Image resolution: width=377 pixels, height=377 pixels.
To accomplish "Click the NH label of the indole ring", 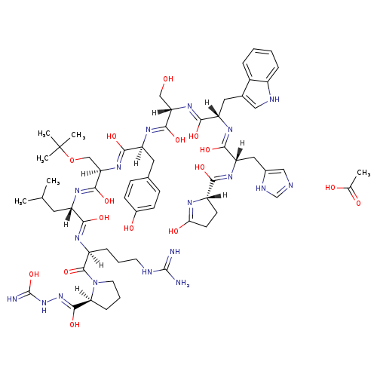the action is [x=274, y=100].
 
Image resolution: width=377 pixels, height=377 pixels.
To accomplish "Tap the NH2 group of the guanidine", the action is [x=182, y=283].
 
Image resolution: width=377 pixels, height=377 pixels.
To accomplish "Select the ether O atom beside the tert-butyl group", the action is [x=72, y=160].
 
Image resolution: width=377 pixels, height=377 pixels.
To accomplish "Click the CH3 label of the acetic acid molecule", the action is [x=363, y=173].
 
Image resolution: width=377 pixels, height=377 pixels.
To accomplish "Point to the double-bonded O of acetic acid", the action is [x=358, y=203].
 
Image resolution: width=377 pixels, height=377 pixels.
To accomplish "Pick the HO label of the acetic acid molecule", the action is [x=330, y=188].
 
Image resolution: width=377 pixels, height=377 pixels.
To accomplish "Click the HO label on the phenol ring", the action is [x=129, y=228].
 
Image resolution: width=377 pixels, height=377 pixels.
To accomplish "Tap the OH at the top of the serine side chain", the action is [x=168, y=79].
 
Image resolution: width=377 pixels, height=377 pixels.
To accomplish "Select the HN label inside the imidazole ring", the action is [x=261, y=188].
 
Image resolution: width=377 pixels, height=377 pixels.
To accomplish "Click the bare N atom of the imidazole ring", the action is [x=290, y=185].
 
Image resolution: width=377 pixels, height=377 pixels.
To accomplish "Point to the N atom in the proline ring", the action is [x=95, y=283].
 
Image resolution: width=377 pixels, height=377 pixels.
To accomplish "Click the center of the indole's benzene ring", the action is [x=260, y=66].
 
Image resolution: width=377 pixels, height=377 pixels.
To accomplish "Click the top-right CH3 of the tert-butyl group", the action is [x=78, y=135].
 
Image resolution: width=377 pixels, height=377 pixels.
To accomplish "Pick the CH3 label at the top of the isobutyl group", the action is [x=53, y=181].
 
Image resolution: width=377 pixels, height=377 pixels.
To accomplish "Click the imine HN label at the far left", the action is [x=12, y=299].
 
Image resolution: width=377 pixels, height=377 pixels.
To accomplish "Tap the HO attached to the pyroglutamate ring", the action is [x=173, y=231].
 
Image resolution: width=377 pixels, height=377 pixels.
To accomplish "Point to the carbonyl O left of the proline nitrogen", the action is [x=66, y=271].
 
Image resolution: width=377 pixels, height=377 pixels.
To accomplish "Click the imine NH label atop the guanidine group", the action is [x=175, y=251].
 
